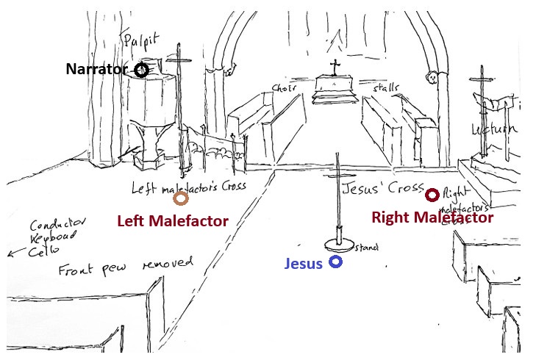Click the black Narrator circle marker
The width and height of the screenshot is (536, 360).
pos(141,70)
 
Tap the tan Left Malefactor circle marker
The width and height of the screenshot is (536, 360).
pos(181,198)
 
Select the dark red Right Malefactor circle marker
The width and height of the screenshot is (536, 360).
pos(432,195)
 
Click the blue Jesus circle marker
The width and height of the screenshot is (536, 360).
pos(335,262)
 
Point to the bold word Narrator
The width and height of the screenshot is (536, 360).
pos(97,70)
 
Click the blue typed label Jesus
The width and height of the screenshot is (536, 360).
pos(304,264)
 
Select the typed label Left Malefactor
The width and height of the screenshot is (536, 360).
pos(173,220)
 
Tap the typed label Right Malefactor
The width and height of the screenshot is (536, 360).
pos(432,217)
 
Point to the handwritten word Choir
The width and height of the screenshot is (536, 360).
pos(284,88)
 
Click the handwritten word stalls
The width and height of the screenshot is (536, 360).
pos(385,88)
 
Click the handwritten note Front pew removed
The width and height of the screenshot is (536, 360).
pos(125,267)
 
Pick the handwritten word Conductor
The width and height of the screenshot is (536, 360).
pos(60,223)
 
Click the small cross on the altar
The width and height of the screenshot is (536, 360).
pos(335,68)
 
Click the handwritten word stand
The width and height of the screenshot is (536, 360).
pos(365,248)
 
